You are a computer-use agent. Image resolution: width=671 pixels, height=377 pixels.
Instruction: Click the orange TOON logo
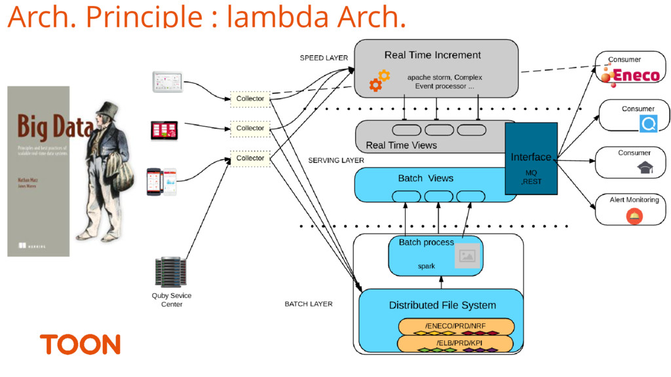[x=80, y=345]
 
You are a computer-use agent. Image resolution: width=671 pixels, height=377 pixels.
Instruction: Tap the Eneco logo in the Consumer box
[x=630, y=75]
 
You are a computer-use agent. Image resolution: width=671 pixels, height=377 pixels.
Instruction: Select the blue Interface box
[x=531, y=158]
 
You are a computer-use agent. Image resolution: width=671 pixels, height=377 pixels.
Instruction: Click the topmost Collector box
[x=250, y=99]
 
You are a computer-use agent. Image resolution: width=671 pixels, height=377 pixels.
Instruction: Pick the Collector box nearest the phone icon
[x=250, y=158]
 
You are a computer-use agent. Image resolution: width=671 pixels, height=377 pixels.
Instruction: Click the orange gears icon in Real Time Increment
[x=379, y=80]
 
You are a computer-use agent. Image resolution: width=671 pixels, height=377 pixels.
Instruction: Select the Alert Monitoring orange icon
[x=634, y=215]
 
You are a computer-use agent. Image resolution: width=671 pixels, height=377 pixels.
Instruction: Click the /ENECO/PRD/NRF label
[x=455, y=326]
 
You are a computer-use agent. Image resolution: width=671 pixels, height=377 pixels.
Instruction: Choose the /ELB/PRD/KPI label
[x=455, y=343]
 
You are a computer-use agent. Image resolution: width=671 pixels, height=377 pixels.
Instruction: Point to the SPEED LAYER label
[x=324, y=58]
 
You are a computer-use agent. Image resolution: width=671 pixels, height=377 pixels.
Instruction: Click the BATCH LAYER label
[x=308, y=304]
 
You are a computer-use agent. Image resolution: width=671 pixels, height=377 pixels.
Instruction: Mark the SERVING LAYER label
[x=336, y=160]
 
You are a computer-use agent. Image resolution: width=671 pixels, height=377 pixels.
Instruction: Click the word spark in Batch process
[x=427, y=266]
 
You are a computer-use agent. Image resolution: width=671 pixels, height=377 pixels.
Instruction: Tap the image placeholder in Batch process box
[x=467, y=256]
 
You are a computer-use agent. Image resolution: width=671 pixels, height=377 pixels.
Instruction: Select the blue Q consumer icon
[x=649, y=122]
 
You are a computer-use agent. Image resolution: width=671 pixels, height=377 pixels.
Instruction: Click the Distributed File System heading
[x=442, y=305]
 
